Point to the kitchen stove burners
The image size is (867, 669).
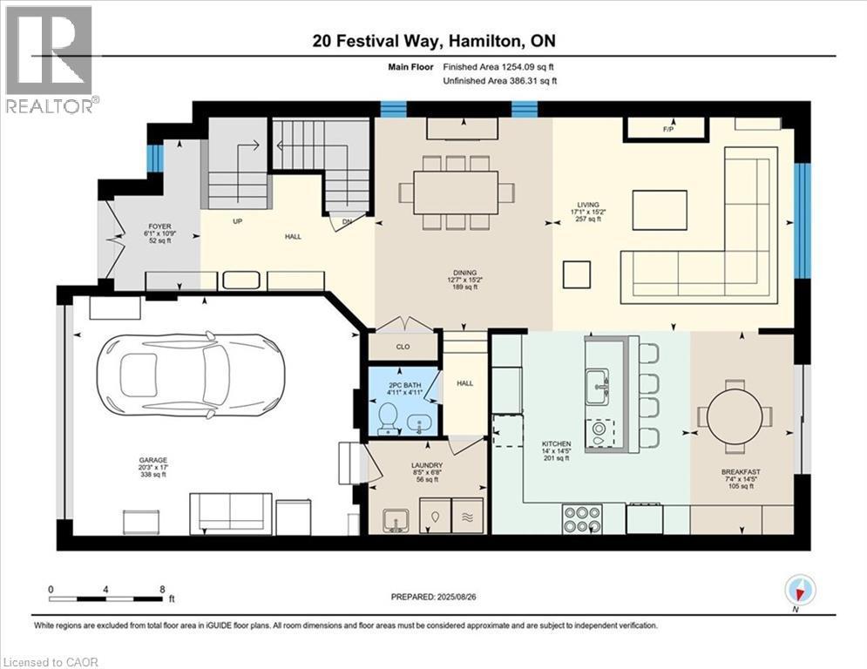(581, 518)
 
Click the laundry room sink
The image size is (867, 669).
(395, 519)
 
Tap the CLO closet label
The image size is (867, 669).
(403, 346)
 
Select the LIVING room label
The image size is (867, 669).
(587, 205)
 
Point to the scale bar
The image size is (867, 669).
(106, 598)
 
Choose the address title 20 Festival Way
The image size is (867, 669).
(433, 41)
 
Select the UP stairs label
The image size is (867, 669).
(236, 221)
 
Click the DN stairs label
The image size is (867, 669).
(348, 221)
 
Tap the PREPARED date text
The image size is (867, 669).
(433, 598)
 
